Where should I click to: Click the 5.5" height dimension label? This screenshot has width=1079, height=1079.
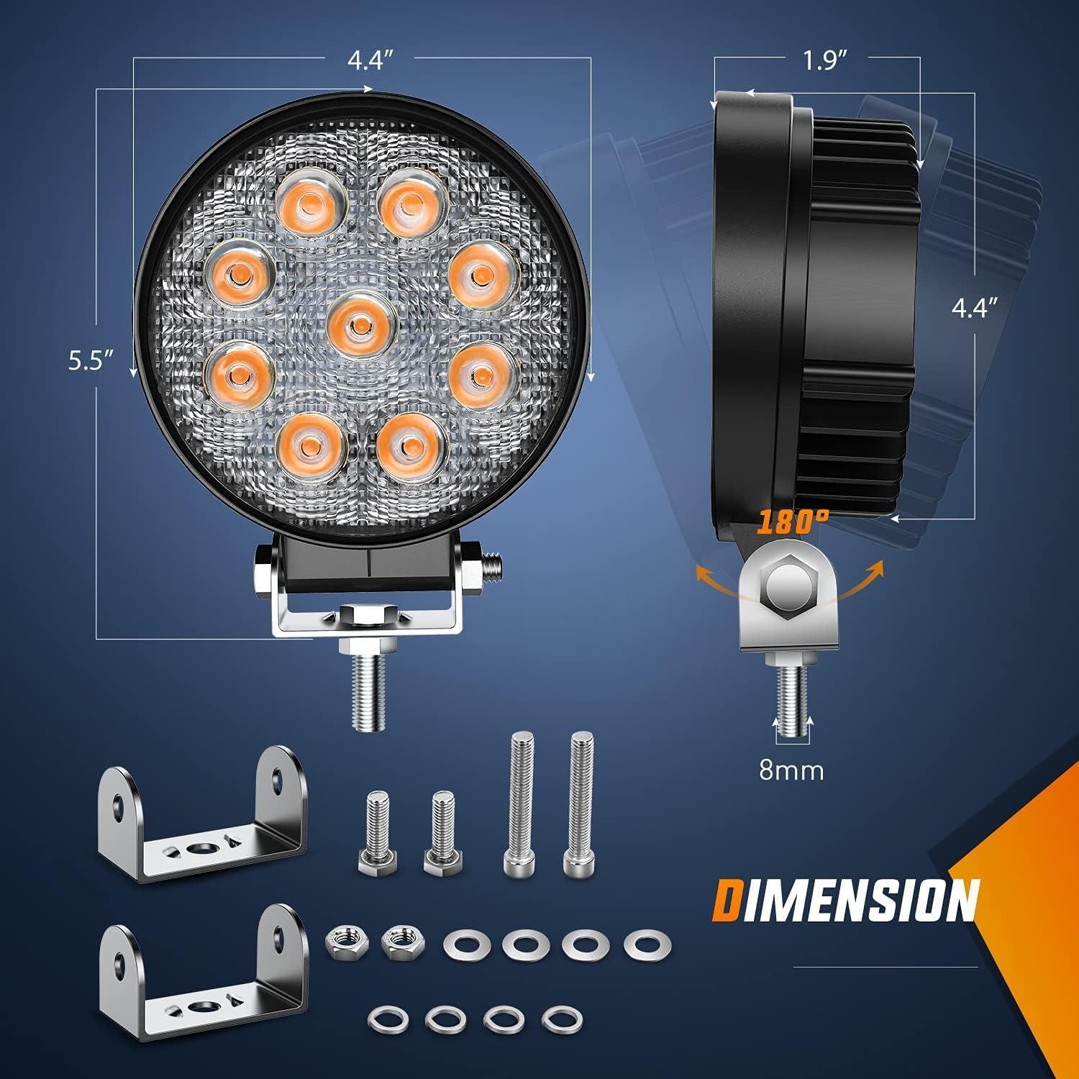pos(91,360)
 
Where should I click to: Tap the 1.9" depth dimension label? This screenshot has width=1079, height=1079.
pos(822,61)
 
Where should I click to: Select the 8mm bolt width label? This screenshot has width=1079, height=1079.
pos(791,770)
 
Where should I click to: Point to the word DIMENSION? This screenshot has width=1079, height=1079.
pos(846,900)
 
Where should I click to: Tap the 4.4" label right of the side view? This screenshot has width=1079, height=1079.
pos(975,309)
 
